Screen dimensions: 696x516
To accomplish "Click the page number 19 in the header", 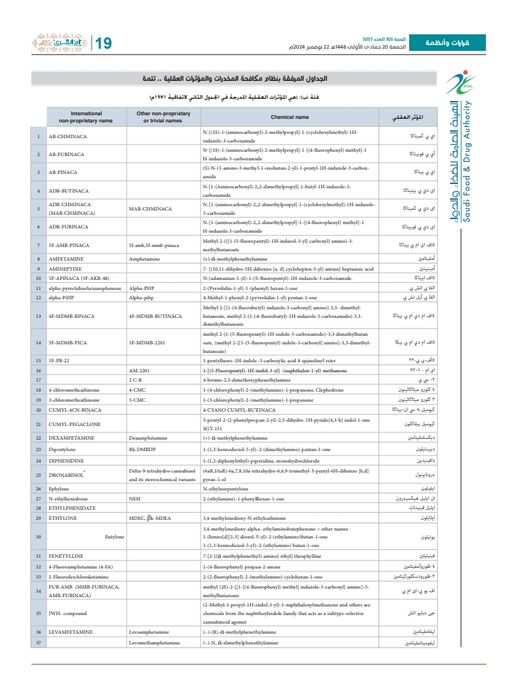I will pos(103,44).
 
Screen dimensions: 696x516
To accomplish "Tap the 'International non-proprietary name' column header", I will pos(86,117).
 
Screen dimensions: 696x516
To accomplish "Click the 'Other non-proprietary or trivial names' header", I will pos(162,117).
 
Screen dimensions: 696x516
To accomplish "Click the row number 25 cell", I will pos(38,474).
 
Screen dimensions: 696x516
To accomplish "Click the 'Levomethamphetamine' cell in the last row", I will pos(154,642).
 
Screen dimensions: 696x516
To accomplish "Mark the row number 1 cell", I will pos(38,137).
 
